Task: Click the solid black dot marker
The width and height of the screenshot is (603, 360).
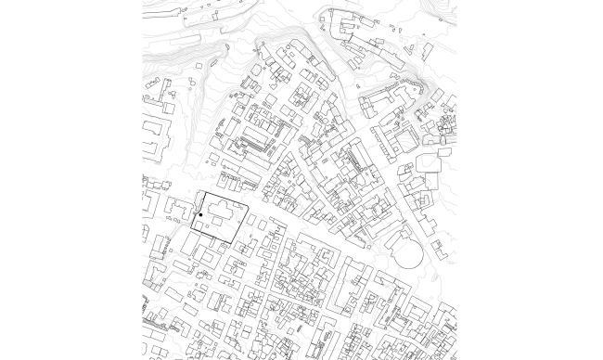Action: point(201,215)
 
